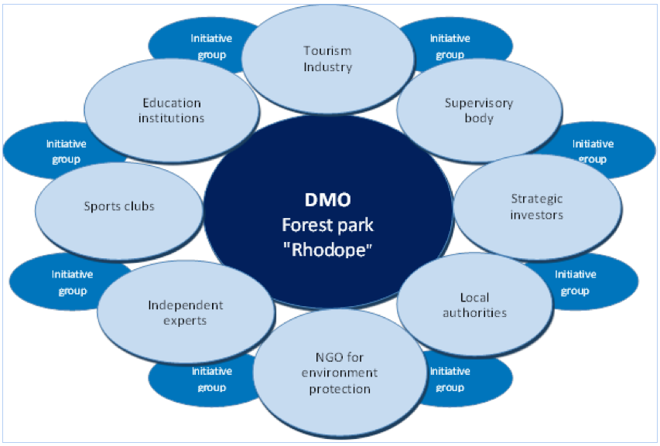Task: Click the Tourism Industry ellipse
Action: [327, 59]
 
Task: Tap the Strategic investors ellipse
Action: [537, 207]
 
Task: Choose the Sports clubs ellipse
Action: [119, 206]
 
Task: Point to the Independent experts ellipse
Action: [186, 312]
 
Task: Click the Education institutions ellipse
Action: [171, 111]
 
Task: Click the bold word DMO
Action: [328, 199]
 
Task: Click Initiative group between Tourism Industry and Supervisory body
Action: [450, 46]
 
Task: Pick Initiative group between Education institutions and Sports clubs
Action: [66, 151]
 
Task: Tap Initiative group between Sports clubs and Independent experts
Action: [71, 282]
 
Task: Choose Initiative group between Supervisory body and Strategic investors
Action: [593, 151]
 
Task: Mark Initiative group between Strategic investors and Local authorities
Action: [575, 282]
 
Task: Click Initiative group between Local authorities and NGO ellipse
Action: [450, 379]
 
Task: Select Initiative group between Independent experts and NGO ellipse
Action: [210, 379]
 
